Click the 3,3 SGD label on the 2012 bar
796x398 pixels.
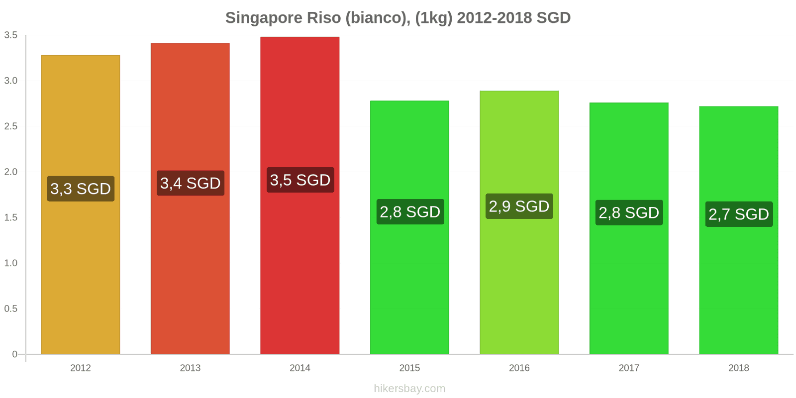[81, 189]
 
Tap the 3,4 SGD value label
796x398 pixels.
[191, 183]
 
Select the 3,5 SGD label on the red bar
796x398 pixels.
[300, 180]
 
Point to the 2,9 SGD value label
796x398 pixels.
[519, 206]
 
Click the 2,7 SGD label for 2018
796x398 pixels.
[739, 214]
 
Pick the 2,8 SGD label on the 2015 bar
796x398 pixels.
[410, 211]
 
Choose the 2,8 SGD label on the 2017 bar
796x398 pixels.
[629, 212]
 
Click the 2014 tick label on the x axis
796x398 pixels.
[300, 368]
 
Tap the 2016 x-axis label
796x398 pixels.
[519, 368]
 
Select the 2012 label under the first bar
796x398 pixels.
[81, 368]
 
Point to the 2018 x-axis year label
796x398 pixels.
[739, 368]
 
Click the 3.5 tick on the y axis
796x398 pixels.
[11, 35]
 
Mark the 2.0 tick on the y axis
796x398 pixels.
[11, 172]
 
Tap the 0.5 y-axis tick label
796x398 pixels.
[11, 309]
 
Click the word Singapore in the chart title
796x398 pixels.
[264, 18]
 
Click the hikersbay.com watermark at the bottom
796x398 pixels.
[409, 389]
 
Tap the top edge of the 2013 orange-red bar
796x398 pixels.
[191, 44]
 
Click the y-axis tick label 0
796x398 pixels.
[15, 354]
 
